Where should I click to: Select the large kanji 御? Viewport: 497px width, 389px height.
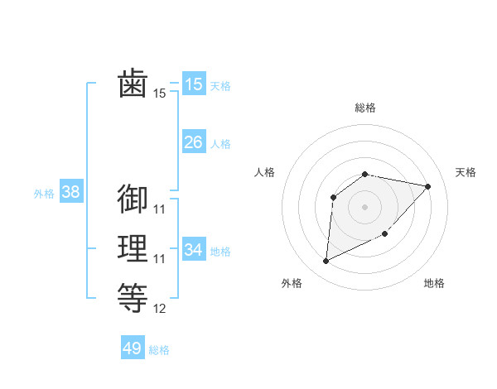pyautogui.click(x=133, y=199)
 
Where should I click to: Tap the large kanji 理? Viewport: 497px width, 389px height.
pyautogui.click(x=133, y=248)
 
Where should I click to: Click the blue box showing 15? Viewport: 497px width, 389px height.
pyautogui.click(x=194, y=84)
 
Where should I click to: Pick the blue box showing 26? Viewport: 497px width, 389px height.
pyautogui.click(x=194, y=142)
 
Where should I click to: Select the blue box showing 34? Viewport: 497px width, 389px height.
pyautogui.click(x=194, y=249)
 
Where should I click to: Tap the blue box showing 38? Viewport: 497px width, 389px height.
pyautogui.click(x=71, y=192)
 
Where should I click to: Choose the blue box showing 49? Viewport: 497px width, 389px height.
pyautogui.click(x=133, y=348)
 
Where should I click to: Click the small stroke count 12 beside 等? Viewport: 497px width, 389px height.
pyautogui.click(x=160, y=309)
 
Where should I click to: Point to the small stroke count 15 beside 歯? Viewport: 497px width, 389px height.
pyautogui.click(x=160, y=94)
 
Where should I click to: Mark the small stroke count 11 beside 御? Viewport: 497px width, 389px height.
pyautogui.click(x=160, y=209)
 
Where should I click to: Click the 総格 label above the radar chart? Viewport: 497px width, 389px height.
pyautogui.click(x=365, y=108)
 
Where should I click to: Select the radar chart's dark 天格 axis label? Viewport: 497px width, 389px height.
pyautogui.click(x=466, y=172)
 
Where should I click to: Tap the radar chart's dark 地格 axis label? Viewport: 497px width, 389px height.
pyautogui.click(x=434, y=283)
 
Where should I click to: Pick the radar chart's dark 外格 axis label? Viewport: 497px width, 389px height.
pyautogui.click(x=292, y=283)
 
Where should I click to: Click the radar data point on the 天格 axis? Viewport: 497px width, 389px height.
pyautogui.click(x=427, y=186)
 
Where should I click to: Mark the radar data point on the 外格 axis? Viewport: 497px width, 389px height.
pyautogui.click(x=326, y=262)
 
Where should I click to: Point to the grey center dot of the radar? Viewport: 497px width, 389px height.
pyautogui.click(x=365, y=206)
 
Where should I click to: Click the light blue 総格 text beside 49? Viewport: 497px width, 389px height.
pyautogui.click(x=159, y=350)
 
